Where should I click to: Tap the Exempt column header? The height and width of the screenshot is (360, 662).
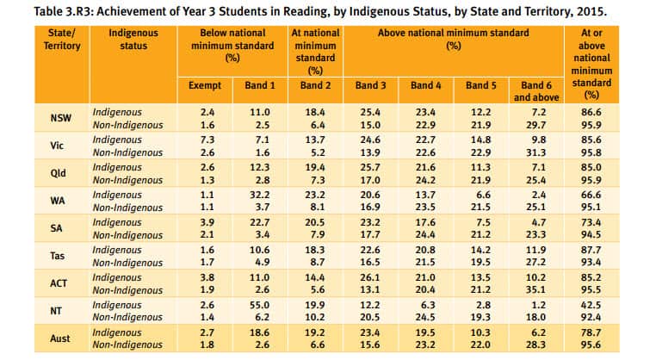(205, 86)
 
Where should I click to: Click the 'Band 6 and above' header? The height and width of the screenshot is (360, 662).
(540, 91)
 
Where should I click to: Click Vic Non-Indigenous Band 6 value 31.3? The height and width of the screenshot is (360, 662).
(540, 152)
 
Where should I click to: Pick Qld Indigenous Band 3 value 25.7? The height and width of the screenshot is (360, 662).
(371, 165)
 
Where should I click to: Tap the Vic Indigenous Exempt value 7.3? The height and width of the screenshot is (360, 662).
(205, 139)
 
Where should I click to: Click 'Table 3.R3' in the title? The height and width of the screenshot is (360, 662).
(40, 12)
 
